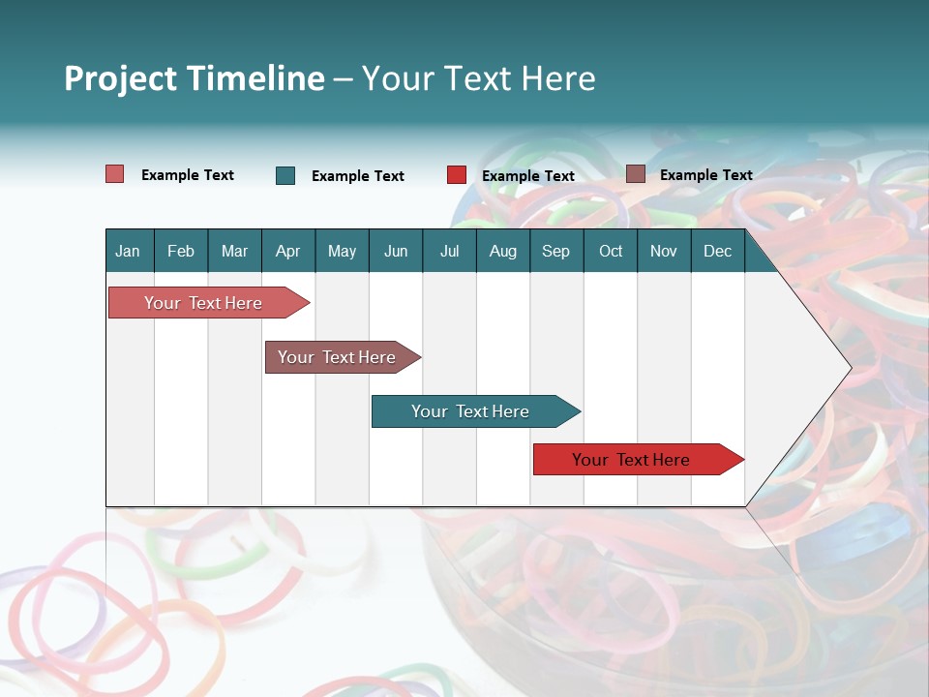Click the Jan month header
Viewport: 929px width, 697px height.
(x=129, y=251)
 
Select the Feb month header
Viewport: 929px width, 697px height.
(x=181, y=251)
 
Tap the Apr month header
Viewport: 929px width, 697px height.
(x=288, y=251)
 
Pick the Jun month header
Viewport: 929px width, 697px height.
(x=396, y=251)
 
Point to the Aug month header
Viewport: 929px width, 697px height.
(x=503, y=251)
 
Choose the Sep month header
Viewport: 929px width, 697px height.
(x=556, y=251)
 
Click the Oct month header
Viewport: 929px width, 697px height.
(x=611, y=251)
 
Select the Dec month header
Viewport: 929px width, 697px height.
(x=718, y=251)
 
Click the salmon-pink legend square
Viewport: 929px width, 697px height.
(x=115, y=174)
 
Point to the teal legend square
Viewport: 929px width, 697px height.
(x=285, y=175)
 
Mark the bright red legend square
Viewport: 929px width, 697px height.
(x=457, y=175)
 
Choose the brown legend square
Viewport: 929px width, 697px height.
(x=635, y=174)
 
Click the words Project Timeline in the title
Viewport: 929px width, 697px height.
(x=195, y=78)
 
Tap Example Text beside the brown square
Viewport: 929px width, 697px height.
(x=706, y=175)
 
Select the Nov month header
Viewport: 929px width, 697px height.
(x=664, y=251)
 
